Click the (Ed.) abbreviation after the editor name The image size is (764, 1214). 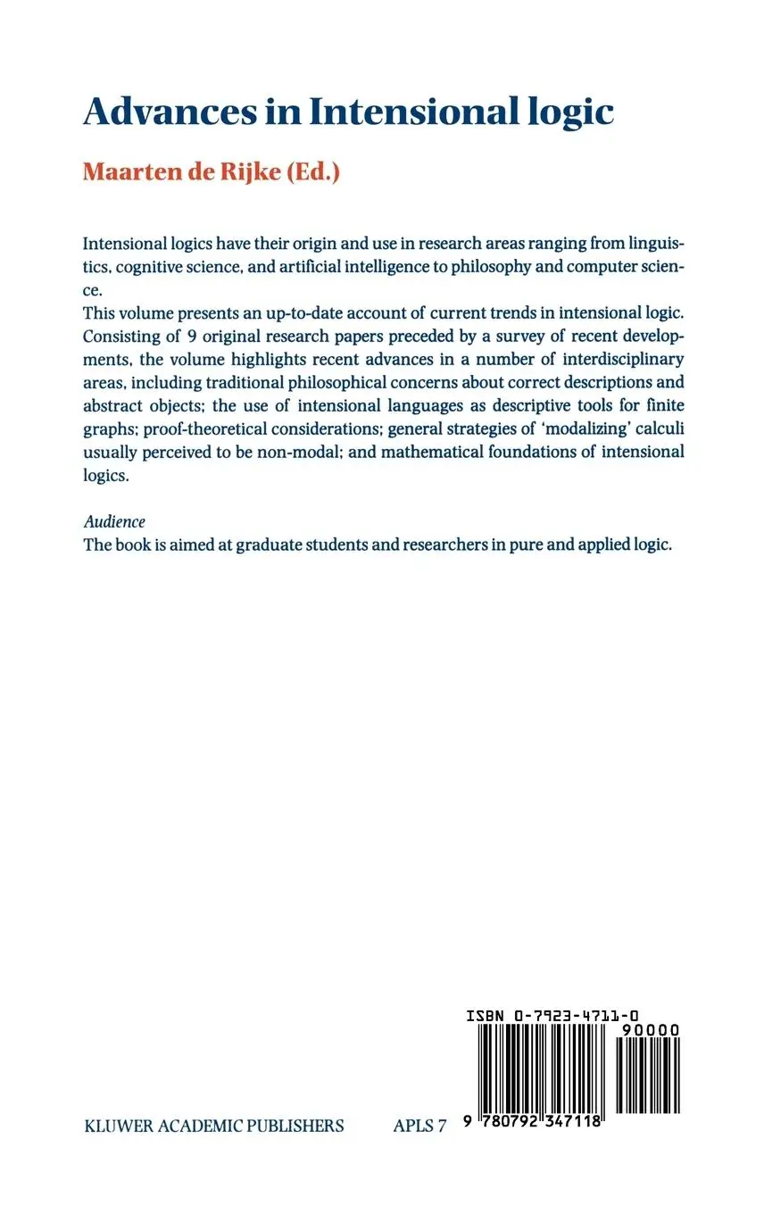click(x=312, y=171)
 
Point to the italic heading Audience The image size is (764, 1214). click(x=114, y=521)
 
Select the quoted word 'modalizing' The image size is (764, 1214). click(x=583, y=428)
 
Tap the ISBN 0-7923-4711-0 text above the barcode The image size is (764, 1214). click(x=552, y=1015)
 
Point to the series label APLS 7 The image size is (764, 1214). click(x=419, y=1127)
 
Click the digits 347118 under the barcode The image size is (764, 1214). click(x=571, y=1122)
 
